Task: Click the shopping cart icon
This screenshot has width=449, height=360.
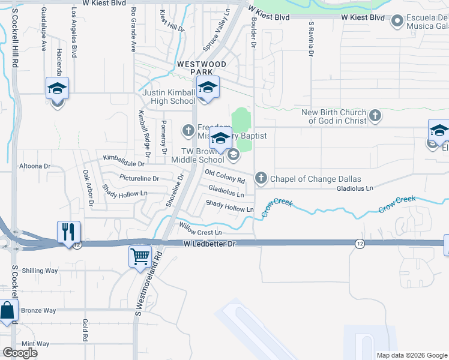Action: pyautogui.click(x=140, y=257)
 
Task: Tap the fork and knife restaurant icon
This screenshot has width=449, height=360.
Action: pyautogui.click(x=69, y=232)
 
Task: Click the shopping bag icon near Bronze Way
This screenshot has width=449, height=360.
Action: pyautogui.click(x=8, y=312)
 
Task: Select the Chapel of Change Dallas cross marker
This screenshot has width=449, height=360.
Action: pyautogui.click(x=261, y=178)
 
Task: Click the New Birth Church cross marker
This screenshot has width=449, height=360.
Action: pyautogui.click(x=375, y=116)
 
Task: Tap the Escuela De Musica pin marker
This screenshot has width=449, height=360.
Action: pyautogui.click(x=396, y=22)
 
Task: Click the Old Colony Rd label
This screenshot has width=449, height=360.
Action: pyautogui.click(x=225, y=176)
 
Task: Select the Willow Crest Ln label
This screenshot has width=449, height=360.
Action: pyautogui.click(x=200, y=229)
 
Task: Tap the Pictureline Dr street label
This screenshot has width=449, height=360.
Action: pyautogui.click(x=139, y=178)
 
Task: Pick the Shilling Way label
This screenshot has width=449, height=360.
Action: pyautogui.click(x=40, y=271)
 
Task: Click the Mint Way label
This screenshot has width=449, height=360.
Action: pyautogui.click(x=35, y=344)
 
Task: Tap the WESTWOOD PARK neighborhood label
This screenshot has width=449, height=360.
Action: pyautogui.click(x=200, y=67)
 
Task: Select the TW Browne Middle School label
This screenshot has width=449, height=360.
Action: pyautogui.click(x=197, y=155)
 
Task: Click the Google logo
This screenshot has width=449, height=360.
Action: pyautogui.click(x=20, y=352)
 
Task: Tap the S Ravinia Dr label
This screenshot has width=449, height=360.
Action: pyautogui.click(x=311, y=39)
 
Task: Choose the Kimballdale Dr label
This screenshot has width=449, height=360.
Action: pyautogui.click(x=124, y=160)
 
